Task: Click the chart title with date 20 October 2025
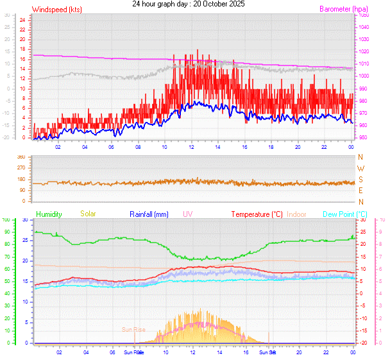[x=192, y=4]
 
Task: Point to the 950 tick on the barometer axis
[x=363, y=138]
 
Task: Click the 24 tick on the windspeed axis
[x=22, y=20]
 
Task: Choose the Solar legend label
[x=88, y=214]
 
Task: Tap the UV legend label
[x=187, y=214]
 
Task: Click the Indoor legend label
[x=296, y=214]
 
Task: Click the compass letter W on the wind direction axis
[x=360, y=168]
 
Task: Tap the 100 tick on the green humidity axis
[x=6, y=220]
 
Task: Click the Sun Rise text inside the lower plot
[x=133, y=330]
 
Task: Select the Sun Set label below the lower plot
[x=267, y=352]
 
